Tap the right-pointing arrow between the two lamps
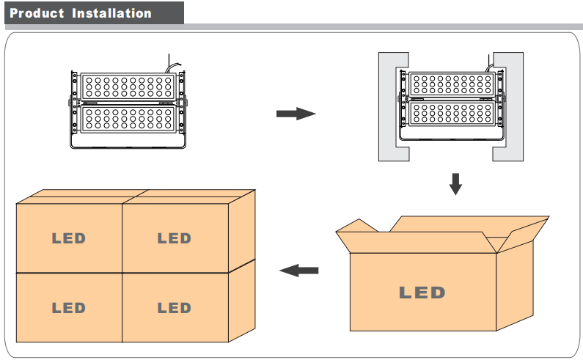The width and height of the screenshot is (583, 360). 296,114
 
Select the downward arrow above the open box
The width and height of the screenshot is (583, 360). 455,183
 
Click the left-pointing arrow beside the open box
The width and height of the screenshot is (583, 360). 300,271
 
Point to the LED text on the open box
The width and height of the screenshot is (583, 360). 422,293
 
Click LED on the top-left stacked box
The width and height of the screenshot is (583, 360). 68,238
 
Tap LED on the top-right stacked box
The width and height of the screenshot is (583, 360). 174,238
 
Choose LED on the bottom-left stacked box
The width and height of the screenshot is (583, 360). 68,308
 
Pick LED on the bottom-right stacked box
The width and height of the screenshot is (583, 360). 174,308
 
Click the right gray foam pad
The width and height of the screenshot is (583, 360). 509,107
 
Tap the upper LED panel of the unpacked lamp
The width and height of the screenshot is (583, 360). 128,87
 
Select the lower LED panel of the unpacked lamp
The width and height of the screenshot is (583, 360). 128,118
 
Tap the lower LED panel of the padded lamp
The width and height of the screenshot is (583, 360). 450,113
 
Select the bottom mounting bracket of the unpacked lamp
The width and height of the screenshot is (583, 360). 128,142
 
